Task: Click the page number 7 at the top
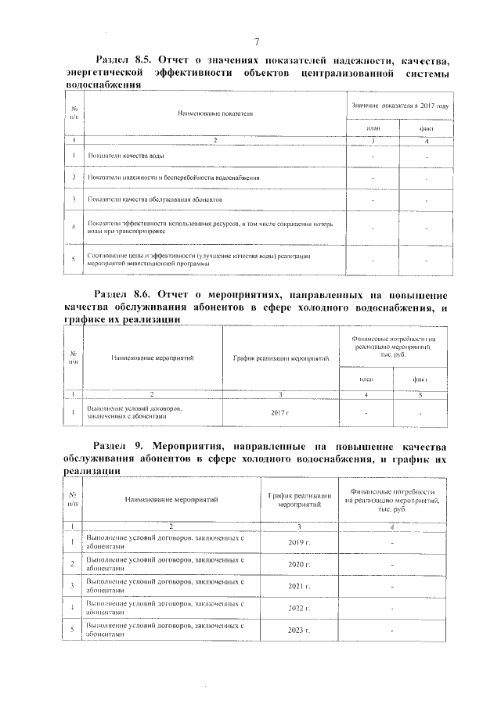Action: coord(256,41)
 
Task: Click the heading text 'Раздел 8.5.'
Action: coord(125,60)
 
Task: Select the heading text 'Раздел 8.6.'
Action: coord(125,296)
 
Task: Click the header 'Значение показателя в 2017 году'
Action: coord(399,105)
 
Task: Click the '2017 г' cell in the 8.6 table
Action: coord(279,412)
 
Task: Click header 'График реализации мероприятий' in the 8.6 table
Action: coord(280,358)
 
